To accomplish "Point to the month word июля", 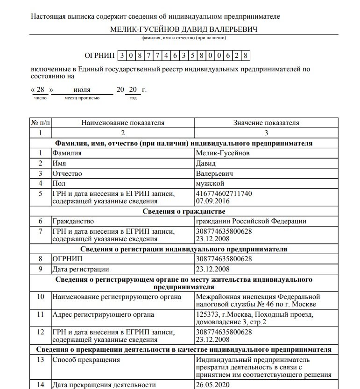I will (x=82, y=90).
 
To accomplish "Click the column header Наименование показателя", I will (x=123, y=123).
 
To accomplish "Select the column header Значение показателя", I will (x=266, y=123).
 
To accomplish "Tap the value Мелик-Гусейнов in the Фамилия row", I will (x=223, y=153).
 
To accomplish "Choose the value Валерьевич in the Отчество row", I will (x=215, y=174).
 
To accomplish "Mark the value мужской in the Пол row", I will (x=210, y=183).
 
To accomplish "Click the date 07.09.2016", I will (x=213, y=201).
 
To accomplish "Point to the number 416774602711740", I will (x=224, y=193).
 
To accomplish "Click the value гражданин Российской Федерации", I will (x=251, y=221).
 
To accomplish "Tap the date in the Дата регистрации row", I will (x=213, y=269).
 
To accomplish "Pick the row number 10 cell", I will (x=41, y=297).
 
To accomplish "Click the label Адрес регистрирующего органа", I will (x=103, y=314).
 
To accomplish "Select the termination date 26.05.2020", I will (x=213, y=385).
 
